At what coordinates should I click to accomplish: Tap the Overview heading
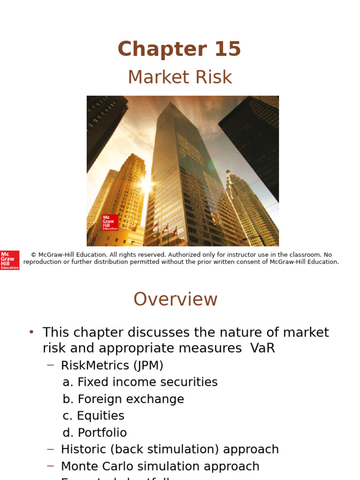click(175, 299)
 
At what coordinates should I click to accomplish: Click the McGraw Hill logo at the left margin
click(9, 260)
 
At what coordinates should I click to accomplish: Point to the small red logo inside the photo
click(110, 222)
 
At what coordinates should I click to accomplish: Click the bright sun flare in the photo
click(145, 184)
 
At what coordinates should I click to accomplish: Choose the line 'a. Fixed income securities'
click(140, 382)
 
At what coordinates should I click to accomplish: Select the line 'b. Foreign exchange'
click(123, 399)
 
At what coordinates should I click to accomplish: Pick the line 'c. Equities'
click(94, 416)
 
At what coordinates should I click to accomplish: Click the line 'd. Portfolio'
click(95, 433)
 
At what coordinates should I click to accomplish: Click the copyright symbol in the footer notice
click(33, 255)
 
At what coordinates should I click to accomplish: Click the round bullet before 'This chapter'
click(31, 332)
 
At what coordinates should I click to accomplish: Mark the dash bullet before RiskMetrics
click(51, 365)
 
